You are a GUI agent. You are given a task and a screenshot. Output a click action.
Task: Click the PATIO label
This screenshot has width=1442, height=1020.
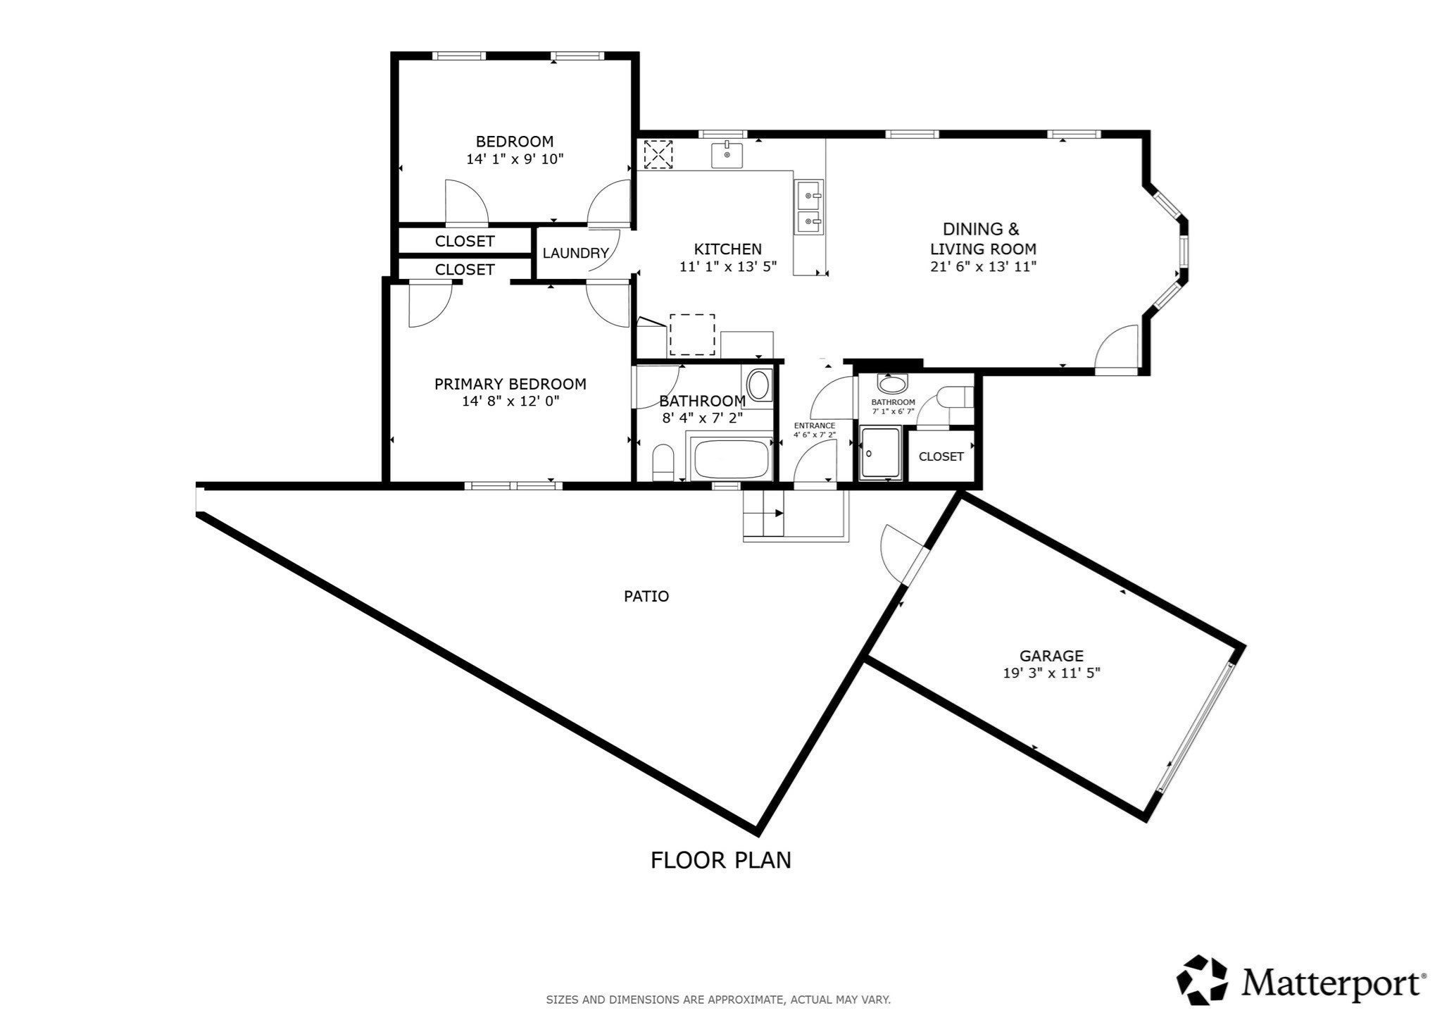coord(646,597)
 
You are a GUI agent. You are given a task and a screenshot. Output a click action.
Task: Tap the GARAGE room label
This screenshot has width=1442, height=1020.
coord(1051,656)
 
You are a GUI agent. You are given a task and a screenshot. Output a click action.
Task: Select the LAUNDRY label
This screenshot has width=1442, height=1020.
coord(575,253)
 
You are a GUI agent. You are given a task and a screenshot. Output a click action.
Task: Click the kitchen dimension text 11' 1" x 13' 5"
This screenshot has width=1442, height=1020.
coord(727,267)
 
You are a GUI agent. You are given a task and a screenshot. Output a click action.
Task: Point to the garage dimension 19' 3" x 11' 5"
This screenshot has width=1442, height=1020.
coord(1051,673)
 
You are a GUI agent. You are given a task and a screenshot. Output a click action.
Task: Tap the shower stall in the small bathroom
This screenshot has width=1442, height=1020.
coord(880,453)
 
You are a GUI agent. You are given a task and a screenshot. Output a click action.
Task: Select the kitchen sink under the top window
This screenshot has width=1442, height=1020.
coord(727,154)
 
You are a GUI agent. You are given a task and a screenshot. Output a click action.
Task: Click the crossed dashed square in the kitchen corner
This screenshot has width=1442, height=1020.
coord(659,154)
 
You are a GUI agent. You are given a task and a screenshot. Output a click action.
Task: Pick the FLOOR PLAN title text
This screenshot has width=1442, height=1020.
coord(720,860)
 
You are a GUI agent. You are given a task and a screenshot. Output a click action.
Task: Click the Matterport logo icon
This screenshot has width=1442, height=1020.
coord(1203,980)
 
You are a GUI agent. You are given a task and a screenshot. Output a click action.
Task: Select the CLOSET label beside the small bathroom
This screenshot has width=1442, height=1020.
coord(941,456)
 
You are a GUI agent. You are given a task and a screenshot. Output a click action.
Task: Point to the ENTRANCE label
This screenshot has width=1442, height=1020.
coord(815,425)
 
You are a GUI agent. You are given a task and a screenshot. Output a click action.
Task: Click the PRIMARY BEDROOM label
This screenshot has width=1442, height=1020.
coord(510,384)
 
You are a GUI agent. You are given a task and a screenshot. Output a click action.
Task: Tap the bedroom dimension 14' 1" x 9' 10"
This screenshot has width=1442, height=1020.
coord(515,159)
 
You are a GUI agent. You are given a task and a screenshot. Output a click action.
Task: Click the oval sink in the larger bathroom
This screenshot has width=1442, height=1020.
coord(758,385)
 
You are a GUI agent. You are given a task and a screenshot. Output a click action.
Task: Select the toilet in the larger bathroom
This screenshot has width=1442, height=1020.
coord(663,462)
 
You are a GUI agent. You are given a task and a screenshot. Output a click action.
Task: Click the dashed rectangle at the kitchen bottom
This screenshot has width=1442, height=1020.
coord(692,335)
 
